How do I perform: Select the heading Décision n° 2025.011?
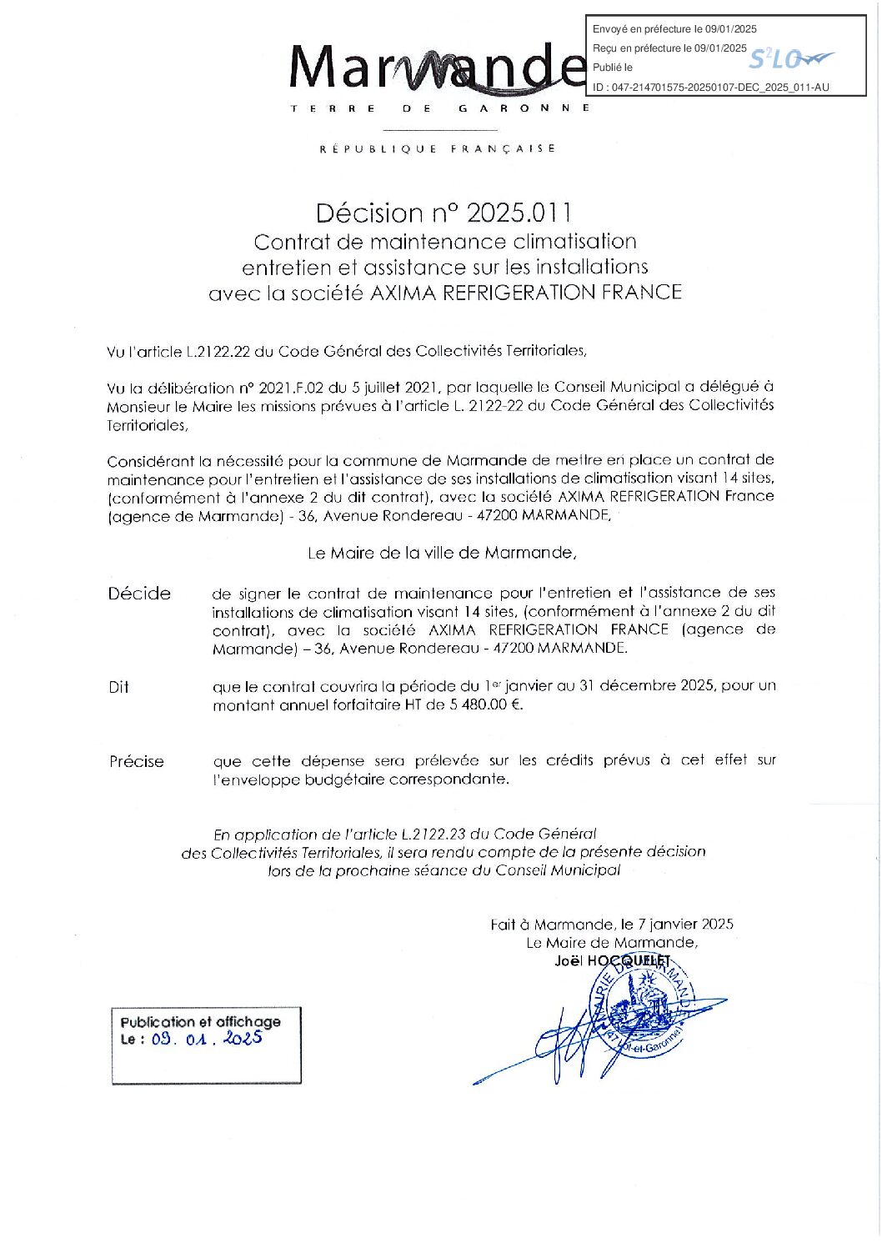443,213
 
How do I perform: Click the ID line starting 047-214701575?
711,87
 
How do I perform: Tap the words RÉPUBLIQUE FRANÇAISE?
438,148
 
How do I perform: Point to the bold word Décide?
139,594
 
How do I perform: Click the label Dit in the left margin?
118,688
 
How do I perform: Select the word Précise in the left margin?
137,761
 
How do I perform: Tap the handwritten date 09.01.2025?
207,1039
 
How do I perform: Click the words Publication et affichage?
200,1021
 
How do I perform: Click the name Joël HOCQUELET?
612,961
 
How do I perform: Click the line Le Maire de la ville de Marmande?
442,553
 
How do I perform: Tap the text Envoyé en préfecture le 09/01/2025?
674,29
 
